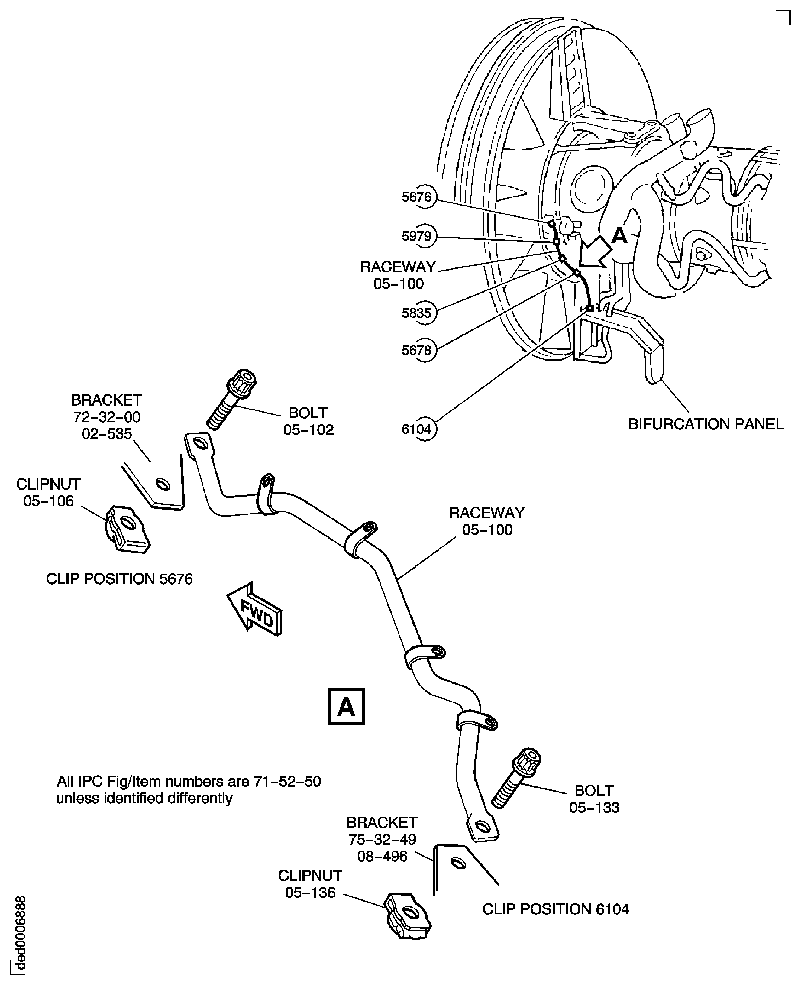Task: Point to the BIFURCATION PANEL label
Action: [x=706, y=424]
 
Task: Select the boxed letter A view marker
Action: [x=346, y=707]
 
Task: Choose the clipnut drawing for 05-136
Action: [x=407, y=916]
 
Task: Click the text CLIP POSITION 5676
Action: [x=119, y=579]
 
